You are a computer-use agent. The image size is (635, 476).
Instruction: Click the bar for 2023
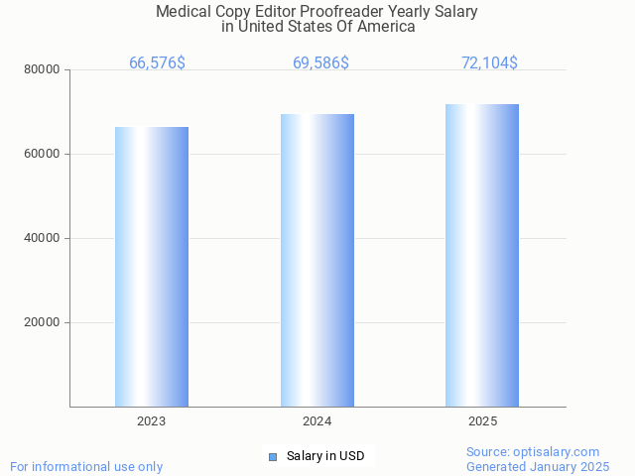tap(152, 267)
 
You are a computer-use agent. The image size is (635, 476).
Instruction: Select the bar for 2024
tap(317, 260)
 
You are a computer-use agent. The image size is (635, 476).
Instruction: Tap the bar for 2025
tap(482, 255)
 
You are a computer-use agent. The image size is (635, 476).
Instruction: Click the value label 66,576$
tap(157, 63)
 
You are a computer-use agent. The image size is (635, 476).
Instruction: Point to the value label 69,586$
tap(320, 63)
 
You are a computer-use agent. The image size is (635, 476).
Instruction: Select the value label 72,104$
tap(489, 63)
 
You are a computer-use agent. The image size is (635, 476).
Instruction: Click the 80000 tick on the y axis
tap(43, 70)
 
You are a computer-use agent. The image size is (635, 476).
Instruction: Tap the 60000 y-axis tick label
tap(43, 155)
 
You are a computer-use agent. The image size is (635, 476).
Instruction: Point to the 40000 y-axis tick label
tap(43, 239)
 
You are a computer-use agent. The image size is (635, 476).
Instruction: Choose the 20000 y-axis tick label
tap(43, 323)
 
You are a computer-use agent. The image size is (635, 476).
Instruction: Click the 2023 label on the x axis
tap(152, 422)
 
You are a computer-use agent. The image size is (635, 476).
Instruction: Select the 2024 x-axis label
tap(317, 422)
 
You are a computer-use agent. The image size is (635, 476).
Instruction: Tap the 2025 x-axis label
tap(482, 422)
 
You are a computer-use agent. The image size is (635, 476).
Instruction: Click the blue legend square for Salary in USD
tap(273, 456)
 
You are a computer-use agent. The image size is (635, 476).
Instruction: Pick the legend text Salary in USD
tap(325, 456)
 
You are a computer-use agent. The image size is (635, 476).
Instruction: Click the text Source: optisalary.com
tap(533, 452)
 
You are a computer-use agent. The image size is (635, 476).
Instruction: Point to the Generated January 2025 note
tap(538, 466)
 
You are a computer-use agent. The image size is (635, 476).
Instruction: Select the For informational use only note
tap(86, 466)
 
